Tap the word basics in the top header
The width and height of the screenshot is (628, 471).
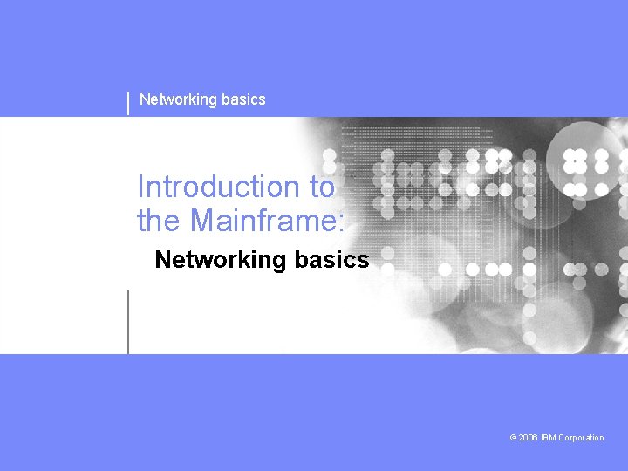[x=243, y=99]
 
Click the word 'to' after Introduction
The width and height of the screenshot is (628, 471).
[x=320, y=187]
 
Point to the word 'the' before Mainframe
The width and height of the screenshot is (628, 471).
[x=158, y=221]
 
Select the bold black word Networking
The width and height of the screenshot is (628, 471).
[x=220, y=260]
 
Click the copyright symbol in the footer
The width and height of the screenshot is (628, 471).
[x=513, y=438]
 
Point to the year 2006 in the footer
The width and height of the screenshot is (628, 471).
[x=528, y=438]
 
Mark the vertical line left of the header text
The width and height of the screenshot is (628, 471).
[x=129, y=102]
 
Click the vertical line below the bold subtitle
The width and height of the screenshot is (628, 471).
[x=128, y=321]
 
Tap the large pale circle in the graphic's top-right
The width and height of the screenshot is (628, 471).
[x=588, y=145]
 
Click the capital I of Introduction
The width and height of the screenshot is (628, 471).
[x=141, y=187]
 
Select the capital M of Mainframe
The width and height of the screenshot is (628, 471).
[x=202, y=221]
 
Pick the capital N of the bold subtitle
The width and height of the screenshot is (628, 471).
[x=162, y=260]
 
